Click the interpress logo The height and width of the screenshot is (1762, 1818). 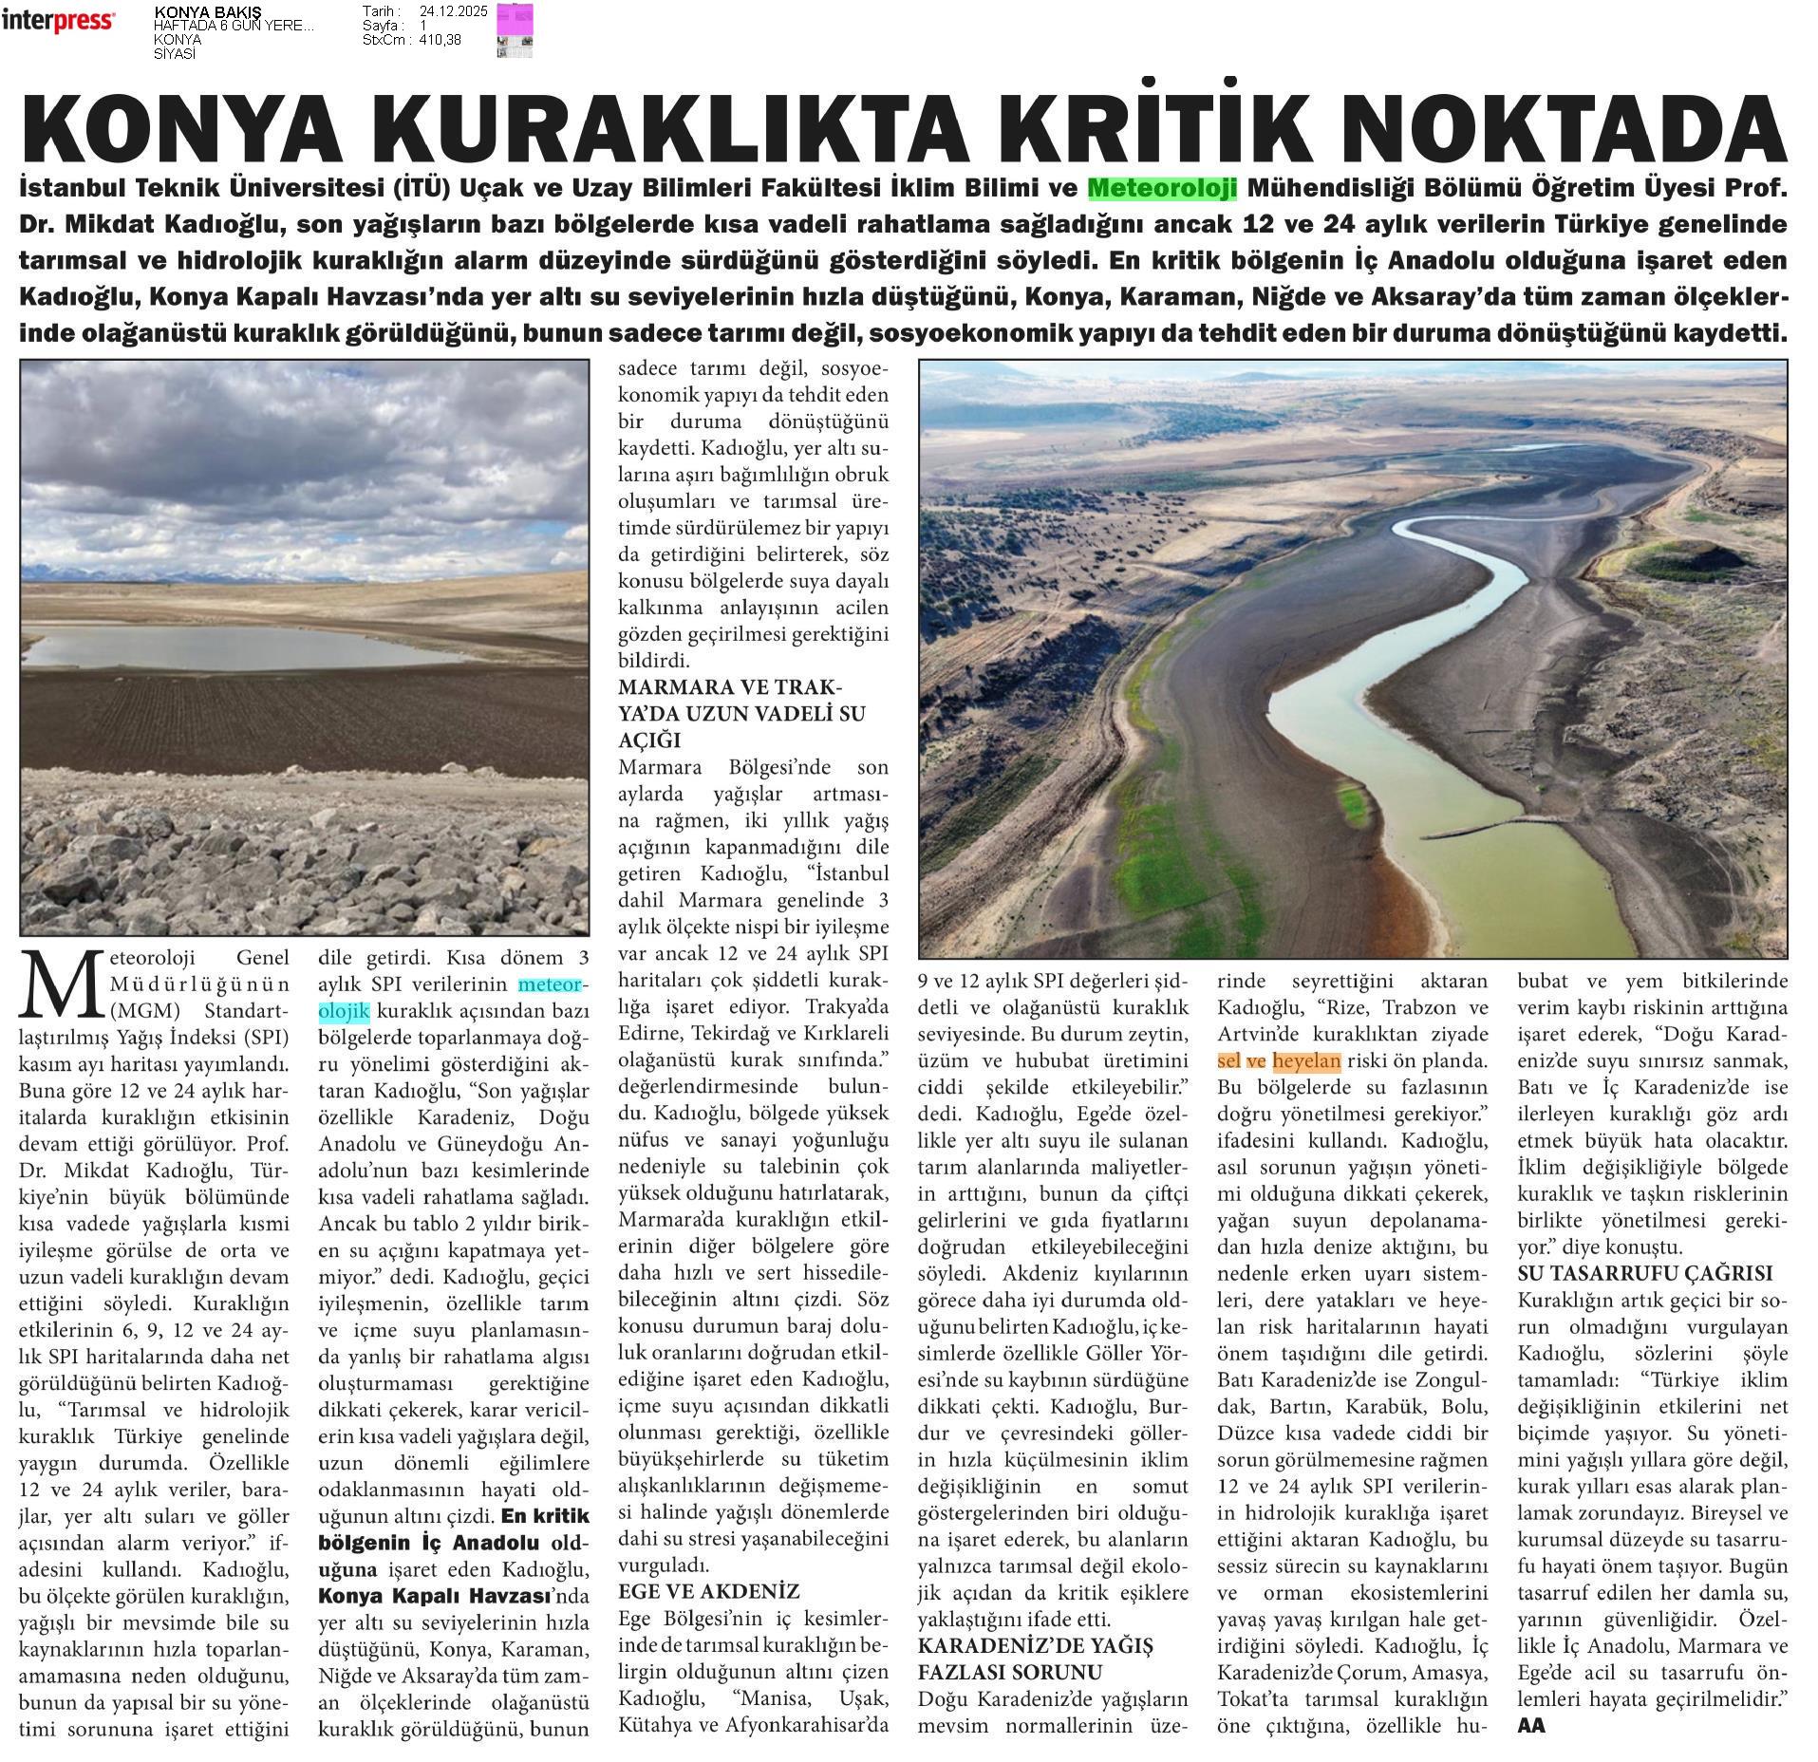coord(58,21)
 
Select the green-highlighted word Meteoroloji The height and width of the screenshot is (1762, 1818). coord(1162,188)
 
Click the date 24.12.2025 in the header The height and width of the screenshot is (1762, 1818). coord(453,11)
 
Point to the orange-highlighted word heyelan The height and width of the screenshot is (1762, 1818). coord(1306,1061)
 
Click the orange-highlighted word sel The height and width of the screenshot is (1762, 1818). coord(1228,1061)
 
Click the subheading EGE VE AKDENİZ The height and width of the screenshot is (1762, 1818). coord(708,1591)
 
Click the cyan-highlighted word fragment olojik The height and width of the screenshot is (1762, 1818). coord(344,1010)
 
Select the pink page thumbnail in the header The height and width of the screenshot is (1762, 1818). coord(515,29)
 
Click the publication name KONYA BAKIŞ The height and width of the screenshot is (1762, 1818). coord(195,11)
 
